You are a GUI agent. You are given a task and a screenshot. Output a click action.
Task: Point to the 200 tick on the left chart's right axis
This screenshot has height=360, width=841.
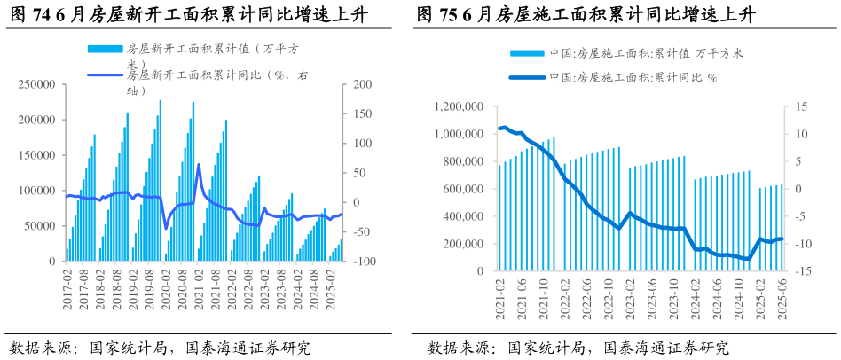tap(362, 84)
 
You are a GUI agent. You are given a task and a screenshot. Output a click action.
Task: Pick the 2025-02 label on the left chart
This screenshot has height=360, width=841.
tap(329, 290)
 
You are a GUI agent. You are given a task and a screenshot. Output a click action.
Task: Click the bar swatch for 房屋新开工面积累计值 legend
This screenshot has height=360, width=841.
tap(105, 49)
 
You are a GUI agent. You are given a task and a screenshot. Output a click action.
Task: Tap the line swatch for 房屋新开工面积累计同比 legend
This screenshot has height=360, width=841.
tap(105, 75)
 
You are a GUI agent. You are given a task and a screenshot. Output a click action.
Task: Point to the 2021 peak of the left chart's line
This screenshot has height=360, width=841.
tap(199, 164)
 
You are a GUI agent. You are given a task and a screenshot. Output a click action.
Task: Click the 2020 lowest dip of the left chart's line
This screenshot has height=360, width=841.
tap(166, 228)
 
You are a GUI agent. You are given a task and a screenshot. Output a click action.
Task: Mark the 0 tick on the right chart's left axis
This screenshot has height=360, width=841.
tap(479, 271)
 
